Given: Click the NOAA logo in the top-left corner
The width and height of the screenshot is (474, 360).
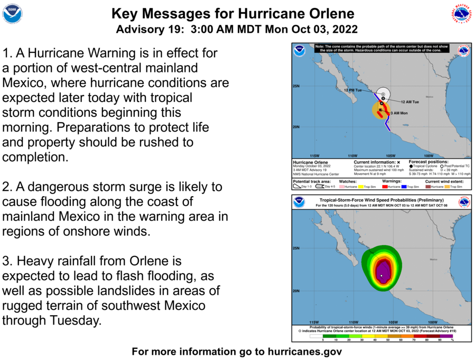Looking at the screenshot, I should (12, 13).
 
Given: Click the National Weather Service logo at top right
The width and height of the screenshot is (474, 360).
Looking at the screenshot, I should (461, 13).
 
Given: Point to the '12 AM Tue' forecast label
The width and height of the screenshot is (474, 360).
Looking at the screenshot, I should (410, 101).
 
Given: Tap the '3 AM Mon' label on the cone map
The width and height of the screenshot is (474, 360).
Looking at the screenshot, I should (398, 113).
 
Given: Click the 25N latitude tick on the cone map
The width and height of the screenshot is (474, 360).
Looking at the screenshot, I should (297, 86).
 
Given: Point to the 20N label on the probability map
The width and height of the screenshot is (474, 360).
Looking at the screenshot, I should (297, 291).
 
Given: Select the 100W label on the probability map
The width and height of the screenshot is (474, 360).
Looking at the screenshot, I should (432, 322).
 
